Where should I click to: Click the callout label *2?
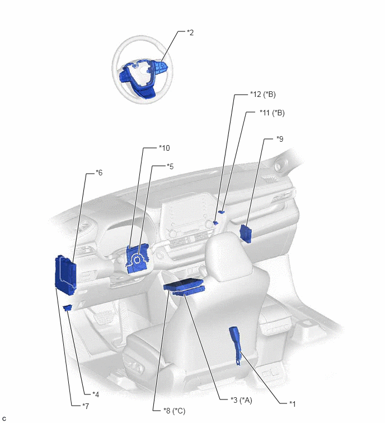[190, 32]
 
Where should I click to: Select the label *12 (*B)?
[262, 94]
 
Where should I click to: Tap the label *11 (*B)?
[272, 113]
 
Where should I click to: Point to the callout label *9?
[280, 138]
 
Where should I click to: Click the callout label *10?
[165, 148]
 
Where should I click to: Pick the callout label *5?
[170, 166]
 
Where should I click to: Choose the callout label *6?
[99, 173]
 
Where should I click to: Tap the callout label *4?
[96, 394]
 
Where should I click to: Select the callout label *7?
[86, 406]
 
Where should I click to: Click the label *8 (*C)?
[175, 411]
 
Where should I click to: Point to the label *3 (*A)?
[241, 400]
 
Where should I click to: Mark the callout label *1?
[292, 404]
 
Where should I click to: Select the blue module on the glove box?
[246, 234]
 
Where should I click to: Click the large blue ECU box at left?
[65, 275]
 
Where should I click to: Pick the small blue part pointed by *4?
[68, 308]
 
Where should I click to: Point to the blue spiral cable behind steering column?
[137, 259]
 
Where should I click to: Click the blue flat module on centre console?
[184, 287]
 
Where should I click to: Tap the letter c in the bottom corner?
[4, 419]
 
